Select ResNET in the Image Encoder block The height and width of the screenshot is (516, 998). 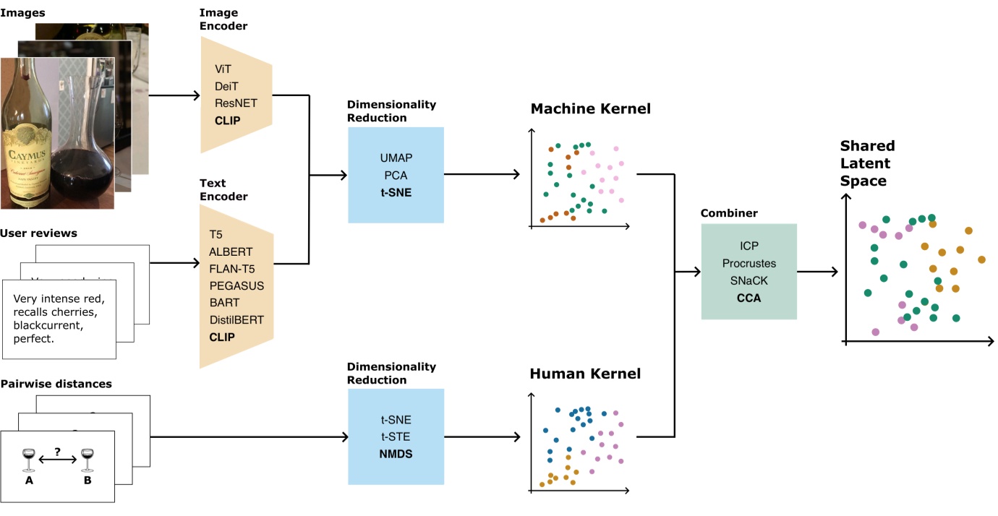(236, 103)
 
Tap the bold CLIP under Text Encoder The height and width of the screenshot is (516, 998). (222, 337)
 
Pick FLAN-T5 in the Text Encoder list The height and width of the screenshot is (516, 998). (232, 269)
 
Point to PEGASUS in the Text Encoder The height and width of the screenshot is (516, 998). (236, 285)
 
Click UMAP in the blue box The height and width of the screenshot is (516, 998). (396, 158)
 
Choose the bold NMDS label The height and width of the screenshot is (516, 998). (396, 454)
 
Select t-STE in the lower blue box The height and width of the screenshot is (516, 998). (396, 437)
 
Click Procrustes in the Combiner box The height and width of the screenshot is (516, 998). (748, 264)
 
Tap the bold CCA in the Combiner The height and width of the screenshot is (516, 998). (748, 298)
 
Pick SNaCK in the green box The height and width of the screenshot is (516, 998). (748, 280)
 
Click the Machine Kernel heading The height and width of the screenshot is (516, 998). (590, 109)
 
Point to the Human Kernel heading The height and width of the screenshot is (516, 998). (585, 374)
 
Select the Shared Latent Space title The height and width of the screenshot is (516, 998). (866, 163)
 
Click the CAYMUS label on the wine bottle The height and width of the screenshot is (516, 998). (27, 154)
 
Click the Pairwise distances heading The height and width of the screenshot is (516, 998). (56, 384)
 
